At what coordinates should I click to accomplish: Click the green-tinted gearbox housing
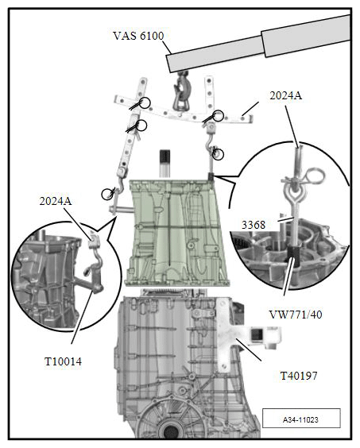[x=175, y=230]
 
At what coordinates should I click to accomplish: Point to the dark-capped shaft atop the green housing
[x=167, y=161]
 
